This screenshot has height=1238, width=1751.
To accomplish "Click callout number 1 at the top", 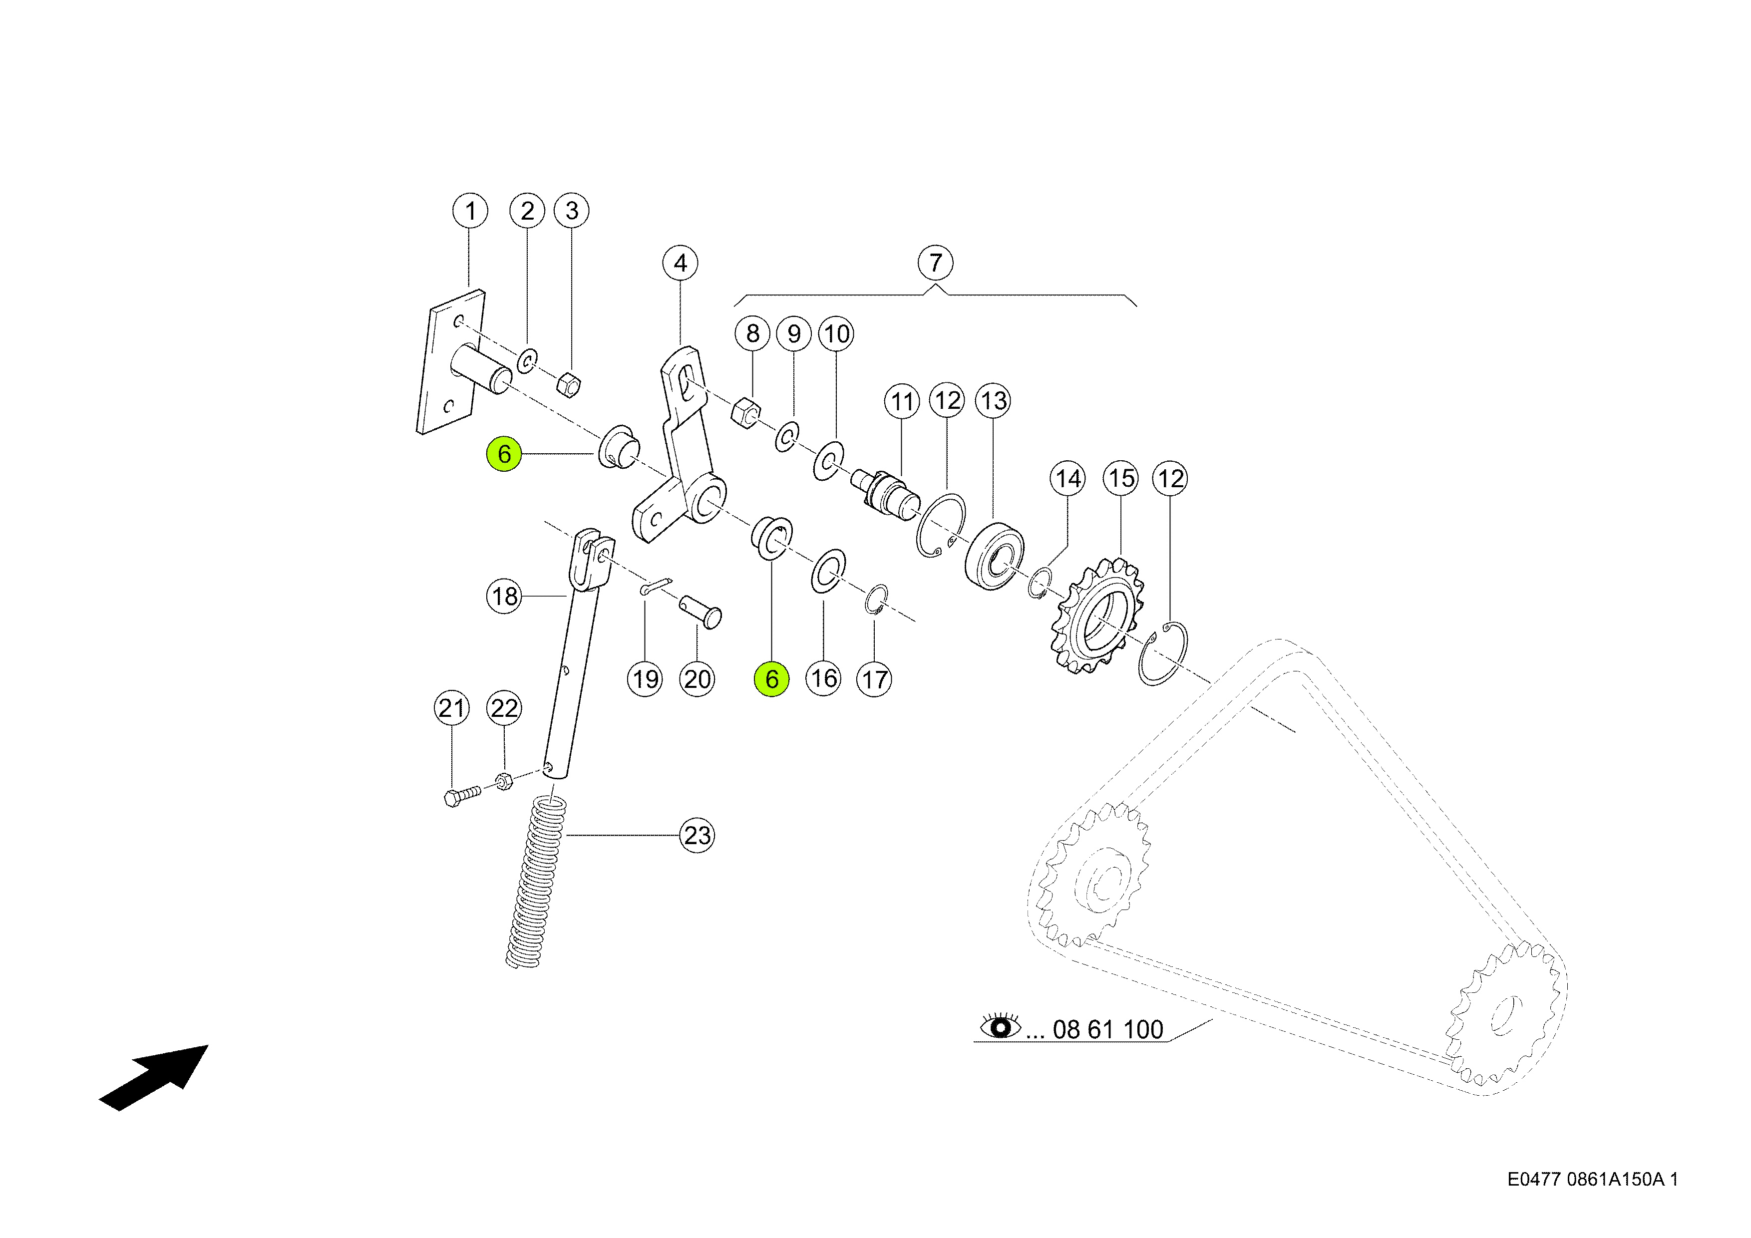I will pos(470,211).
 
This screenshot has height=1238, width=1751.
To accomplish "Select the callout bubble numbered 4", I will pos(680,264).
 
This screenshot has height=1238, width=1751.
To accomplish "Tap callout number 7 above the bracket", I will pos(935,263).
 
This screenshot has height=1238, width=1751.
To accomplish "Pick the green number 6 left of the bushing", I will pos(504,454).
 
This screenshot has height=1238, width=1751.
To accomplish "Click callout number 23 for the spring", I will pos(697,836).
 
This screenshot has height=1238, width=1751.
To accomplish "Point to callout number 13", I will pos(993,401).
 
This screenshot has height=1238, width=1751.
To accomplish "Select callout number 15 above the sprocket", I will pos(1121,479).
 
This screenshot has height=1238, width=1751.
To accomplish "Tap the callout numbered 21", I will pos(451,708).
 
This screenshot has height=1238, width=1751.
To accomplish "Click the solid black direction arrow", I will pos(156,1076).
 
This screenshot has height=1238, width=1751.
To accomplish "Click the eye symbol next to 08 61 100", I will pos(1000,1027).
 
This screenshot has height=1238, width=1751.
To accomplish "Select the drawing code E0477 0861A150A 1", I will pos(1592,1179).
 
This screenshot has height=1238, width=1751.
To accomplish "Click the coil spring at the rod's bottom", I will pos(538,881).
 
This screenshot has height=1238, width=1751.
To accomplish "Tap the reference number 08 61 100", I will pos(1107,1030).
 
